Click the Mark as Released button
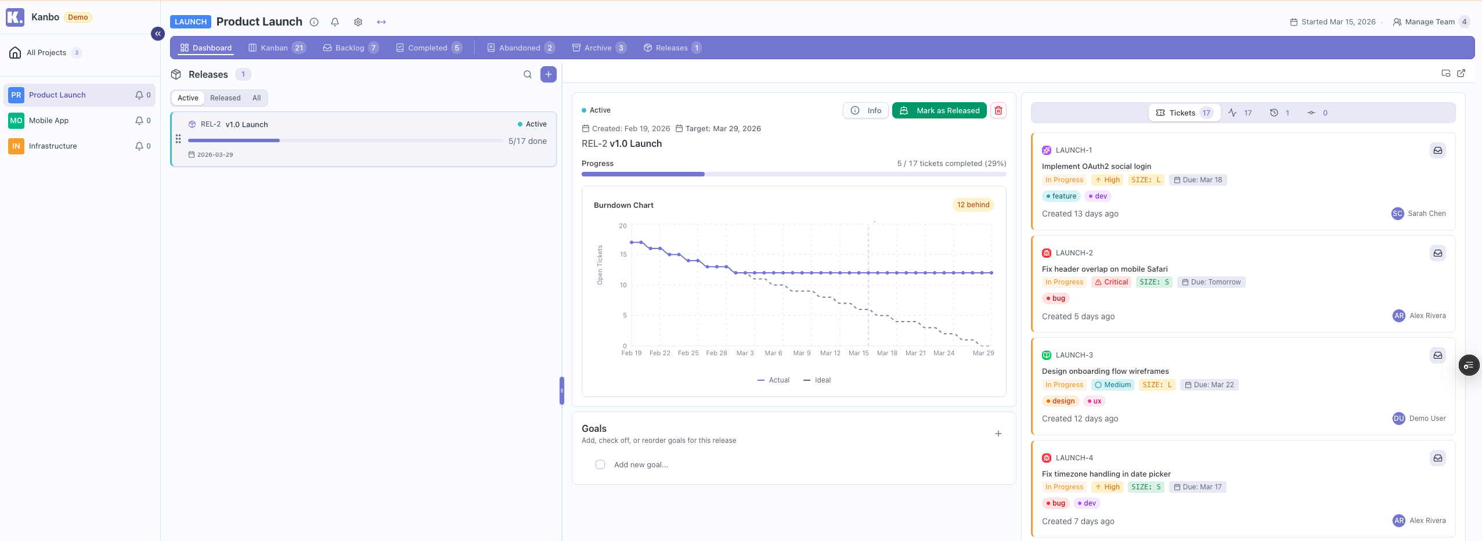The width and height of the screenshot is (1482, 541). point(939,110)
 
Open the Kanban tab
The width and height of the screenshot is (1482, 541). point(274,48)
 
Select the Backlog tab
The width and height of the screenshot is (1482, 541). point(349,48)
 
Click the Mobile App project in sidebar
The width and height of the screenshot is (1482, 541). point(49,121)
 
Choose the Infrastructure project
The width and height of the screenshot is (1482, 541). point(53,146)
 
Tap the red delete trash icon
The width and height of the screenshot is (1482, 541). point(998,110)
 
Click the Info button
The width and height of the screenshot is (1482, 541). point(866,110)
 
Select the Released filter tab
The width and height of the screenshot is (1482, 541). point(225,98)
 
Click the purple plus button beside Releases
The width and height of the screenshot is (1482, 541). point(548,74)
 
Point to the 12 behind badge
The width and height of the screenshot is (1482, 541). point(973,205)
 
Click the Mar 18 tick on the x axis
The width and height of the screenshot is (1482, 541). point(886,353)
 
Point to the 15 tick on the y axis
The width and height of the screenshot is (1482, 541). point(623,254)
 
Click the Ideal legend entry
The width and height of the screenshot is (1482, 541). point(817,380)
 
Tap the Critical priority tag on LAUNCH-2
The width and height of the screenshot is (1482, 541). point(1111,282)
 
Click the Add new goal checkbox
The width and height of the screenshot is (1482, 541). point(600,464)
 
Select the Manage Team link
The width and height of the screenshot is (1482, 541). point(1429,22)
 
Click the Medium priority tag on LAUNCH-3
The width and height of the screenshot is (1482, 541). point(1113,385)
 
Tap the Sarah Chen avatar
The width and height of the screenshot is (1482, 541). point(1397,214)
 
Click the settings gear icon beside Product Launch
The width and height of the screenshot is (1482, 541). point(358,22)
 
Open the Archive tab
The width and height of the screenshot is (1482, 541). point(597,48)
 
